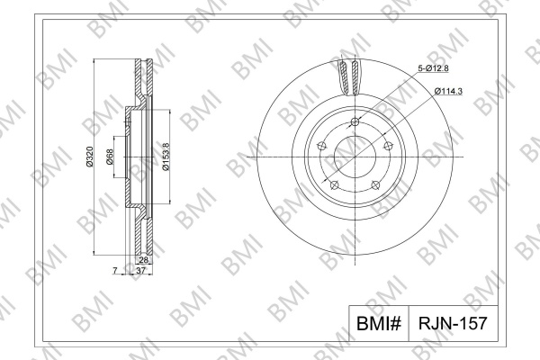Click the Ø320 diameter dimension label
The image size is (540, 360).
89,157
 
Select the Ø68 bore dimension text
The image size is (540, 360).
110,157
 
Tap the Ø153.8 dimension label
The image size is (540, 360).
166,157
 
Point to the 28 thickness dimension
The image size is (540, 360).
143,260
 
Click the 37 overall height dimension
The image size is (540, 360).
141,271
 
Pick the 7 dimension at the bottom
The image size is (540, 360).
115,271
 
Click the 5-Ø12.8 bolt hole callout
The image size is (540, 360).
433,68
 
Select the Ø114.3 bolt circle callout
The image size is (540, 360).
448,91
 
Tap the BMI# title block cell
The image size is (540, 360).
379,323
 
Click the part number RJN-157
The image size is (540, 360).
453,323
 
